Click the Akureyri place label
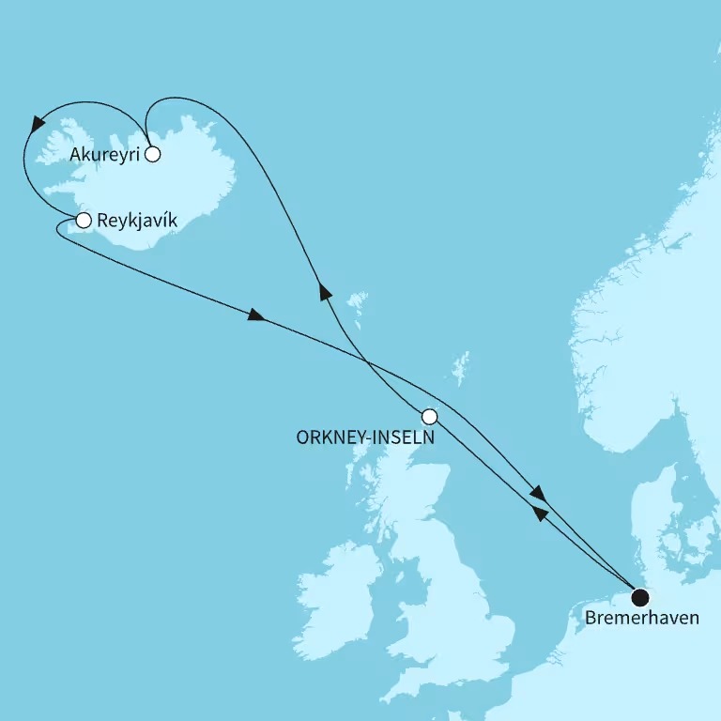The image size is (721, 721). pos(103,154)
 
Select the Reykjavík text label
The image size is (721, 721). pos(136,222)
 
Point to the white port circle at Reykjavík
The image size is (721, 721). pos(83,222)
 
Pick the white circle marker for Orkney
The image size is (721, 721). pos(429,416)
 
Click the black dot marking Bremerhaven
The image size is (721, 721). pos(640,597)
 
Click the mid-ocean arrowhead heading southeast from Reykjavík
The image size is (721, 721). pos(257,316)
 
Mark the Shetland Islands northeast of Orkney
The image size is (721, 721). pos(460,369)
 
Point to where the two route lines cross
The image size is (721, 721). pos(361,354)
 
